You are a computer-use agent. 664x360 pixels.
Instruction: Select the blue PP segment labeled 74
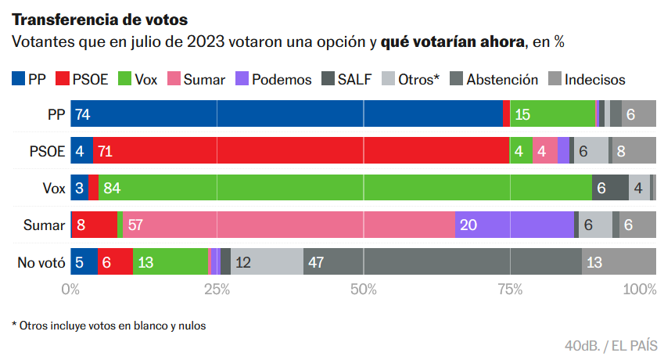[286, 114]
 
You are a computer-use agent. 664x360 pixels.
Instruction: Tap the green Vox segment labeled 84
[345, 188]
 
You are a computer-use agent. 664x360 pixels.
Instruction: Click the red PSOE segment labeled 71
[301, 151]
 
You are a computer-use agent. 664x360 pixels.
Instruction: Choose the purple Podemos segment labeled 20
[514, 225]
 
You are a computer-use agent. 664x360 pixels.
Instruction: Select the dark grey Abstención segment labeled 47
[442, 261]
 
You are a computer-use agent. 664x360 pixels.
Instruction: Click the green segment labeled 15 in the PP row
[552, 114]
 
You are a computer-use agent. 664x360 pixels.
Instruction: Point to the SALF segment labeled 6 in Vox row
[610, 188]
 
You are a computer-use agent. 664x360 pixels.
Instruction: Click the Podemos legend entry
[273, 79]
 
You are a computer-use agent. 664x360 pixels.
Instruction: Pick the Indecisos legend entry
[586, 79]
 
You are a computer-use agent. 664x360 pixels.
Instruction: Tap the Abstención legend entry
[493, 79]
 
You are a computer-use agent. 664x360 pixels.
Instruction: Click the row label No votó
[41, 262]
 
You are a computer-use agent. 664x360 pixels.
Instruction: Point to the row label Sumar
[44, 225]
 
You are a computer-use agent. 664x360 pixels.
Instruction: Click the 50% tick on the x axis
[364, 290]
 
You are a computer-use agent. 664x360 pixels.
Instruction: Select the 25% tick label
[217, 290]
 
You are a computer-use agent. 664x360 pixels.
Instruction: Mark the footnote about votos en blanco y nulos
[109, 325]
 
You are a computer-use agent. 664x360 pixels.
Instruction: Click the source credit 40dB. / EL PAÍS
[610, 345]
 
